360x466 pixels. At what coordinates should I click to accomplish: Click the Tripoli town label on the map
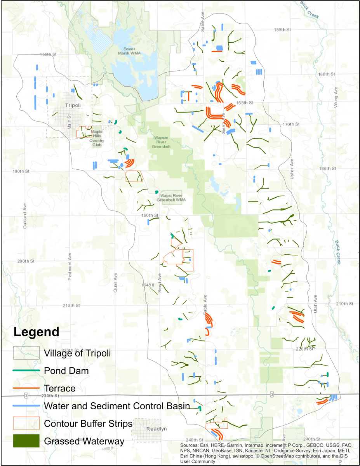tap(72, 106)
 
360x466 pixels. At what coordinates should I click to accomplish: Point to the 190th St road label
tap(150, 215)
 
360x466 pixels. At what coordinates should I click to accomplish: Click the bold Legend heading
tap(36, 332)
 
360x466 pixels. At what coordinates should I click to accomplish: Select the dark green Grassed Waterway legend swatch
tap(26, 440)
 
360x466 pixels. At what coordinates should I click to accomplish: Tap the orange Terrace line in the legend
tap(26, 388)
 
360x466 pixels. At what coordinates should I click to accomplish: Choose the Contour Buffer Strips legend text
tap(88, 423)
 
